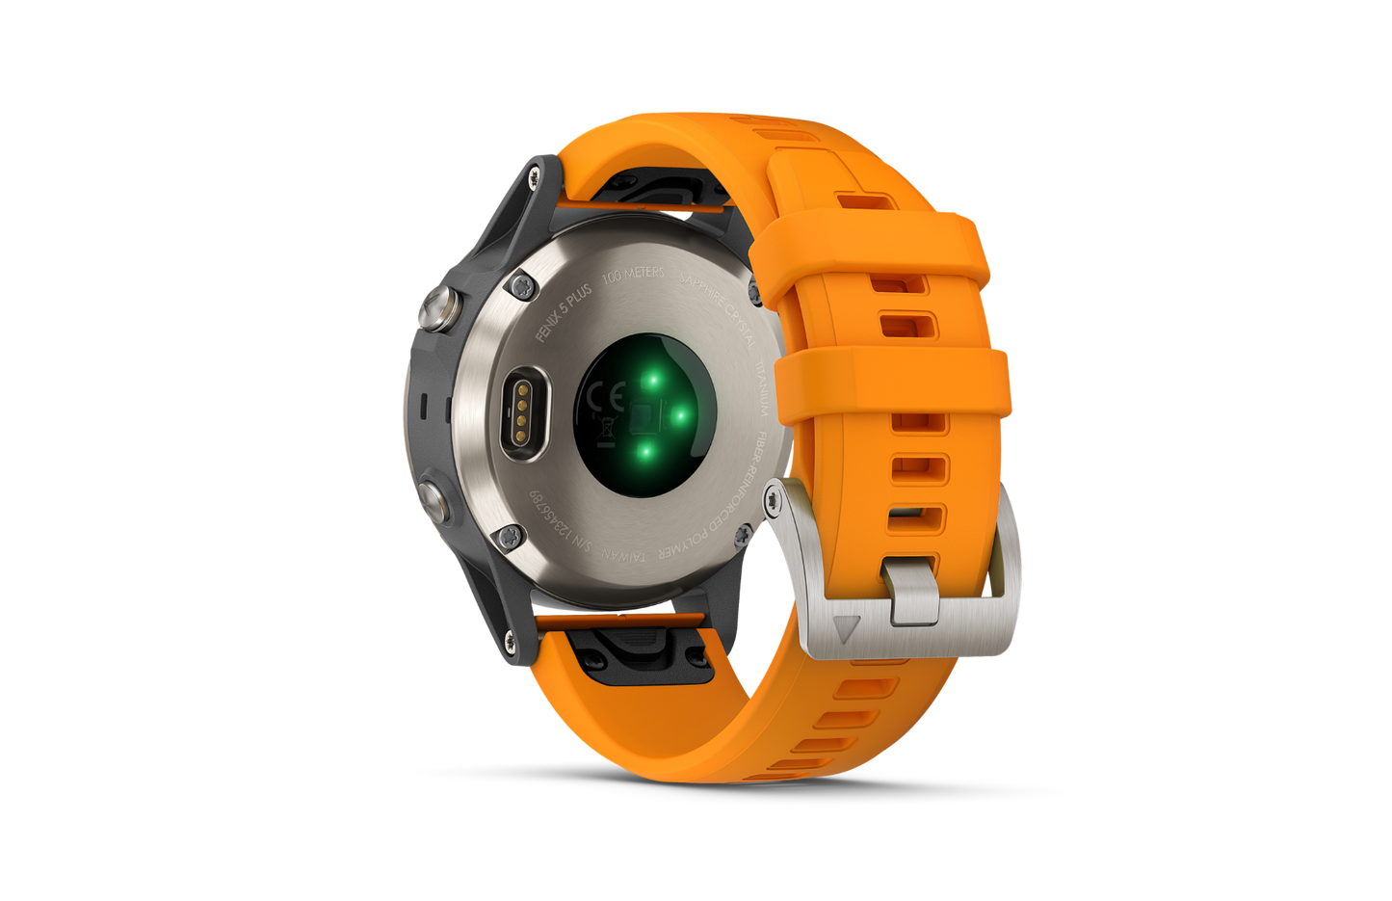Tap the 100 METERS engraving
click(633, 274)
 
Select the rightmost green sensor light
click(678, 415)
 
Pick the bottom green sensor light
click(646, 449)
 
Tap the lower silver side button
click(432, 496)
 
